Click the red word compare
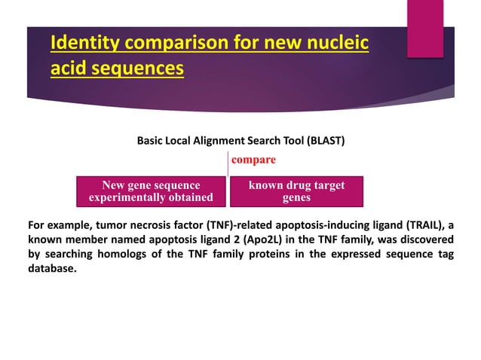(253, 160)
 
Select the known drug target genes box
(296, 191)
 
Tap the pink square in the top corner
(425, 27)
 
